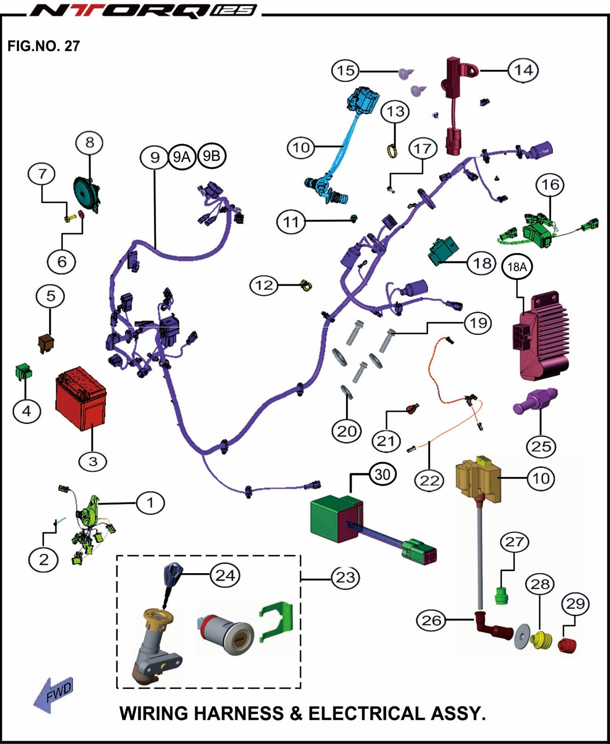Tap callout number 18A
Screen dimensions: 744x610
(x=517, y=267)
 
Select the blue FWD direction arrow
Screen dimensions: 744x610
(x=54, y=694)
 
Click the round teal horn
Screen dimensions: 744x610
(x=87, y=192)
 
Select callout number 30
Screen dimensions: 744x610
(x=383, y=474)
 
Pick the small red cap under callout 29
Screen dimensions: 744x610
(x=567, y=645)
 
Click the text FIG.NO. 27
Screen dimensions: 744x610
(x=44, y=46)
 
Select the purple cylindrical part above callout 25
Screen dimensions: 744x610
(x=535, y=400)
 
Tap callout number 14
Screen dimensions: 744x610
(x=523, y=70)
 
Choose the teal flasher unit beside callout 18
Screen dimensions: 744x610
(x=443, y=250)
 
